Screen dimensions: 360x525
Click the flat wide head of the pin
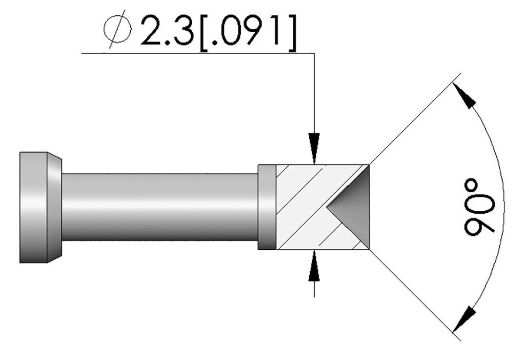[33, 207]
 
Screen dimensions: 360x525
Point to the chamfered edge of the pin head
[54, 207]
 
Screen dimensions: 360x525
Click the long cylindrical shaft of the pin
[159, 207]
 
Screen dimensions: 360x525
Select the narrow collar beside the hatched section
[267, 207]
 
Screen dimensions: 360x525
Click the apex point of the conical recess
[328, 207]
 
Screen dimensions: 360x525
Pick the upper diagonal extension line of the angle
[410, 123]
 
